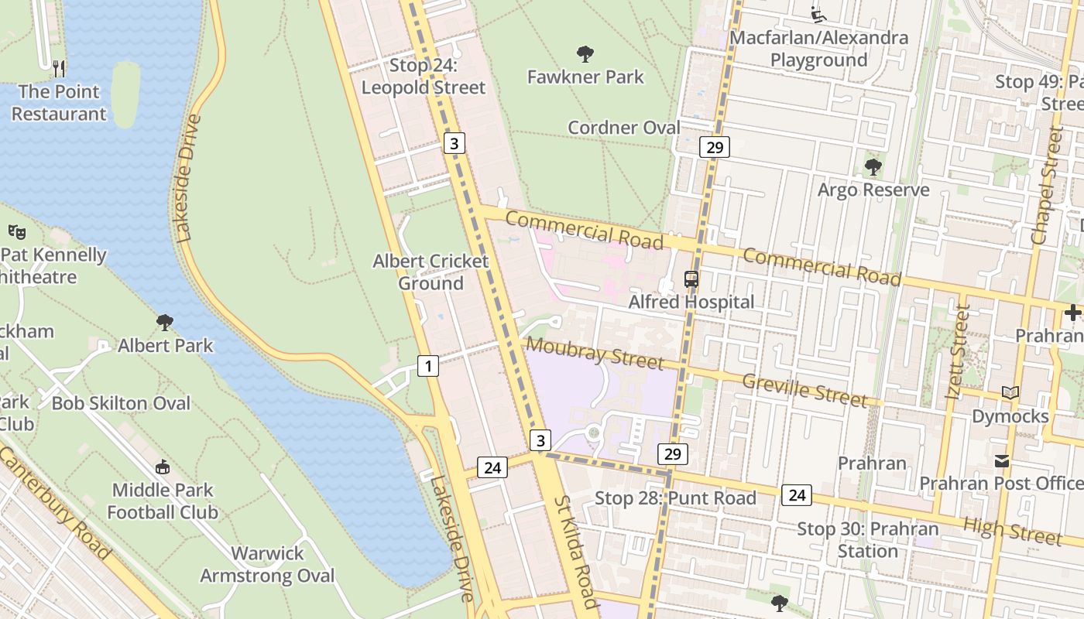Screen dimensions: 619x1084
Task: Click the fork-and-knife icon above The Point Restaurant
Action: tap(59, 68)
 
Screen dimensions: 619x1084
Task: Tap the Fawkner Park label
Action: tap(585, 77)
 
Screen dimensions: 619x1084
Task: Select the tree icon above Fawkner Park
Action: tap(585, 53)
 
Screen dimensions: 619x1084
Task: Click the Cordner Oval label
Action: tap(624, 127)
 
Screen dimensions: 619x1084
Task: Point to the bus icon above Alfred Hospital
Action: tap(691, 279)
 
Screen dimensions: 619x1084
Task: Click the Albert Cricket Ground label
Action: tap(431, 272)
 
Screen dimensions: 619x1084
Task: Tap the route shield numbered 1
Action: tap(428, 365)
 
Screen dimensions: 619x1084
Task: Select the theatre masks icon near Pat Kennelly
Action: tap(17, 231)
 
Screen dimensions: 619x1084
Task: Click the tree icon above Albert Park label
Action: tap(164, 322)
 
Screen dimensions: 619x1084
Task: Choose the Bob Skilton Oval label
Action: tap(121, 403)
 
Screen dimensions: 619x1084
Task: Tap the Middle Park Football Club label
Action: tap(163, 501)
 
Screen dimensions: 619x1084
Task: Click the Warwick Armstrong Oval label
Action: tap(268, 564)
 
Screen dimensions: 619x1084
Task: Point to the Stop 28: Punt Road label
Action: tap(675, 498)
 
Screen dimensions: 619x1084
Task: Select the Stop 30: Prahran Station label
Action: tap(868, 540)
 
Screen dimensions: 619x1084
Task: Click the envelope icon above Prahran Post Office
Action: tap(1002, 461)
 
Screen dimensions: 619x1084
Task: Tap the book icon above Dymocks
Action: tap(1010, 393)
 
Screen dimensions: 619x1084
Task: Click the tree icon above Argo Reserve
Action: tap(873, 166)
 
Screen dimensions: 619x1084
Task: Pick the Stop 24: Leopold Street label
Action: tap(424, 76)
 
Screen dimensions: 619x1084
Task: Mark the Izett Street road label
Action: tap(958, 353)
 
